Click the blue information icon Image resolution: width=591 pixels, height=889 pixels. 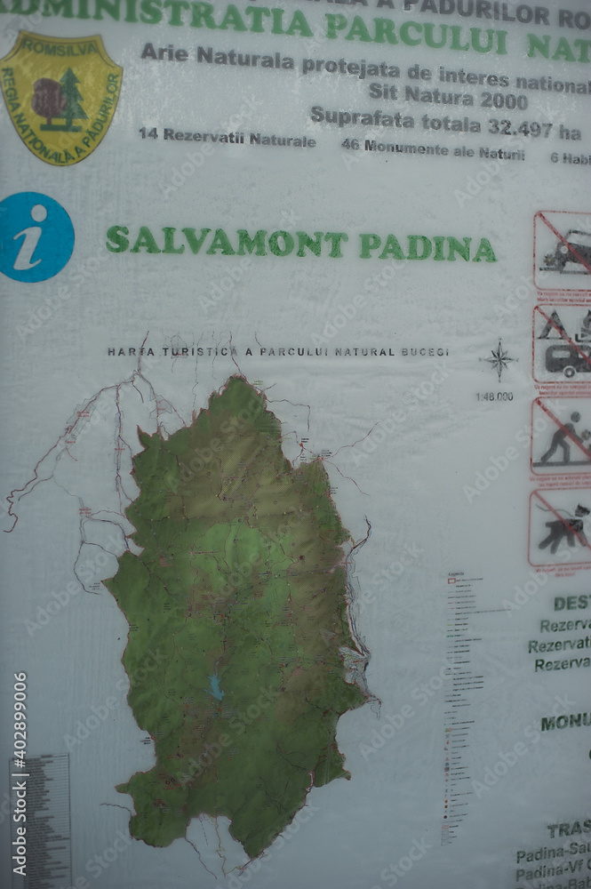click(x=35, y=237)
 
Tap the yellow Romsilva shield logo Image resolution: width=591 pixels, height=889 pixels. click(x=60, y=97)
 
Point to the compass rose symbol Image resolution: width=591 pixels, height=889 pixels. click(x=499, y=360)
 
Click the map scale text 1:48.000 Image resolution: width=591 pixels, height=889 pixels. click(x=494, y=396)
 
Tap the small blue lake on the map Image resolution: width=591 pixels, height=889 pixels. click(x=216, y=686)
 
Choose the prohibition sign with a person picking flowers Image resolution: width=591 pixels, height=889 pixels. click(x=561, y=436)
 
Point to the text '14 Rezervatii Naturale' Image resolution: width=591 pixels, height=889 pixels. click(x=227, y=139)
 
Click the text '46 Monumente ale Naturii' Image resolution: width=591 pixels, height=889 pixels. click(x=433, y=150)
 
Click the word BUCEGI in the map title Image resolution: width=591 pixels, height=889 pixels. click(x=425, y=352)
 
